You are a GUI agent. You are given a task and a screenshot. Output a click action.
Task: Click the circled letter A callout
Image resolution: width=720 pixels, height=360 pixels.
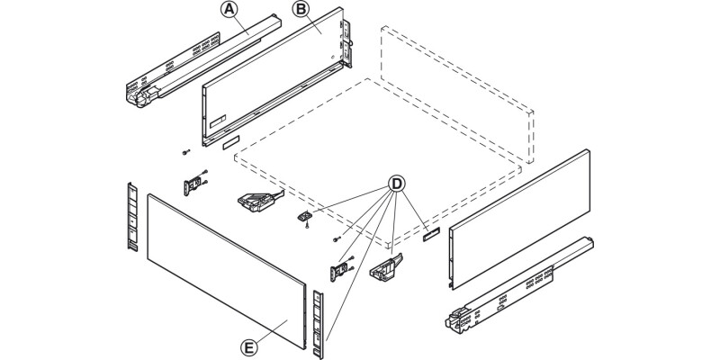coord(230,11)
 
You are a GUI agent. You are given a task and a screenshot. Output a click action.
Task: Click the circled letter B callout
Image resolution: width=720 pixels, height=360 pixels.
coord(300,11)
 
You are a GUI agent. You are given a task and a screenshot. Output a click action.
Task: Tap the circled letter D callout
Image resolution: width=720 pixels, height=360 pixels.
coord(395,184)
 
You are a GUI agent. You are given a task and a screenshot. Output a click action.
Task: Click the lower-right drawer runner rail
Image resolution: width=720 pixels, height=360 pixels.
coord(522,283)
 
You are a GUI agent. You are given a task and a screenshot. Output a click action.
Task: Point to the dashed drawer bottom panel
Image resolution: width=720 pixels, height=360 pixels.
coord(378,162)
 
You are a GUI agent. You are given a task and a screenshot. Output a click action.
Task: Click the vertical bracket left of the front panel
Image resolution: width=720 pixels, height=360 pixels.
coord(131,216)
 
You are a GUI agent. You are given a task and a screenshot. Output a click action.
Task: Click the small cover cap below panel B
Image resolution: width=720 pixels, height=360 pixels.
coord(227,141)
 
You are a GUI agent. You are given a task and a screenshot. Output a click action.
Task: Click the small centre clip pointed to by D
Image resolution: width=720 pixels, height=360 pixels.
coord(307,216)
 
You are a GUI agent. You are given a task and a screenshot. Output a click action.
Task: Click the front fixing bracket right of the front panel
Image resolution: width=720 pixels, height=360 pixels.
coord(343,271)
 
